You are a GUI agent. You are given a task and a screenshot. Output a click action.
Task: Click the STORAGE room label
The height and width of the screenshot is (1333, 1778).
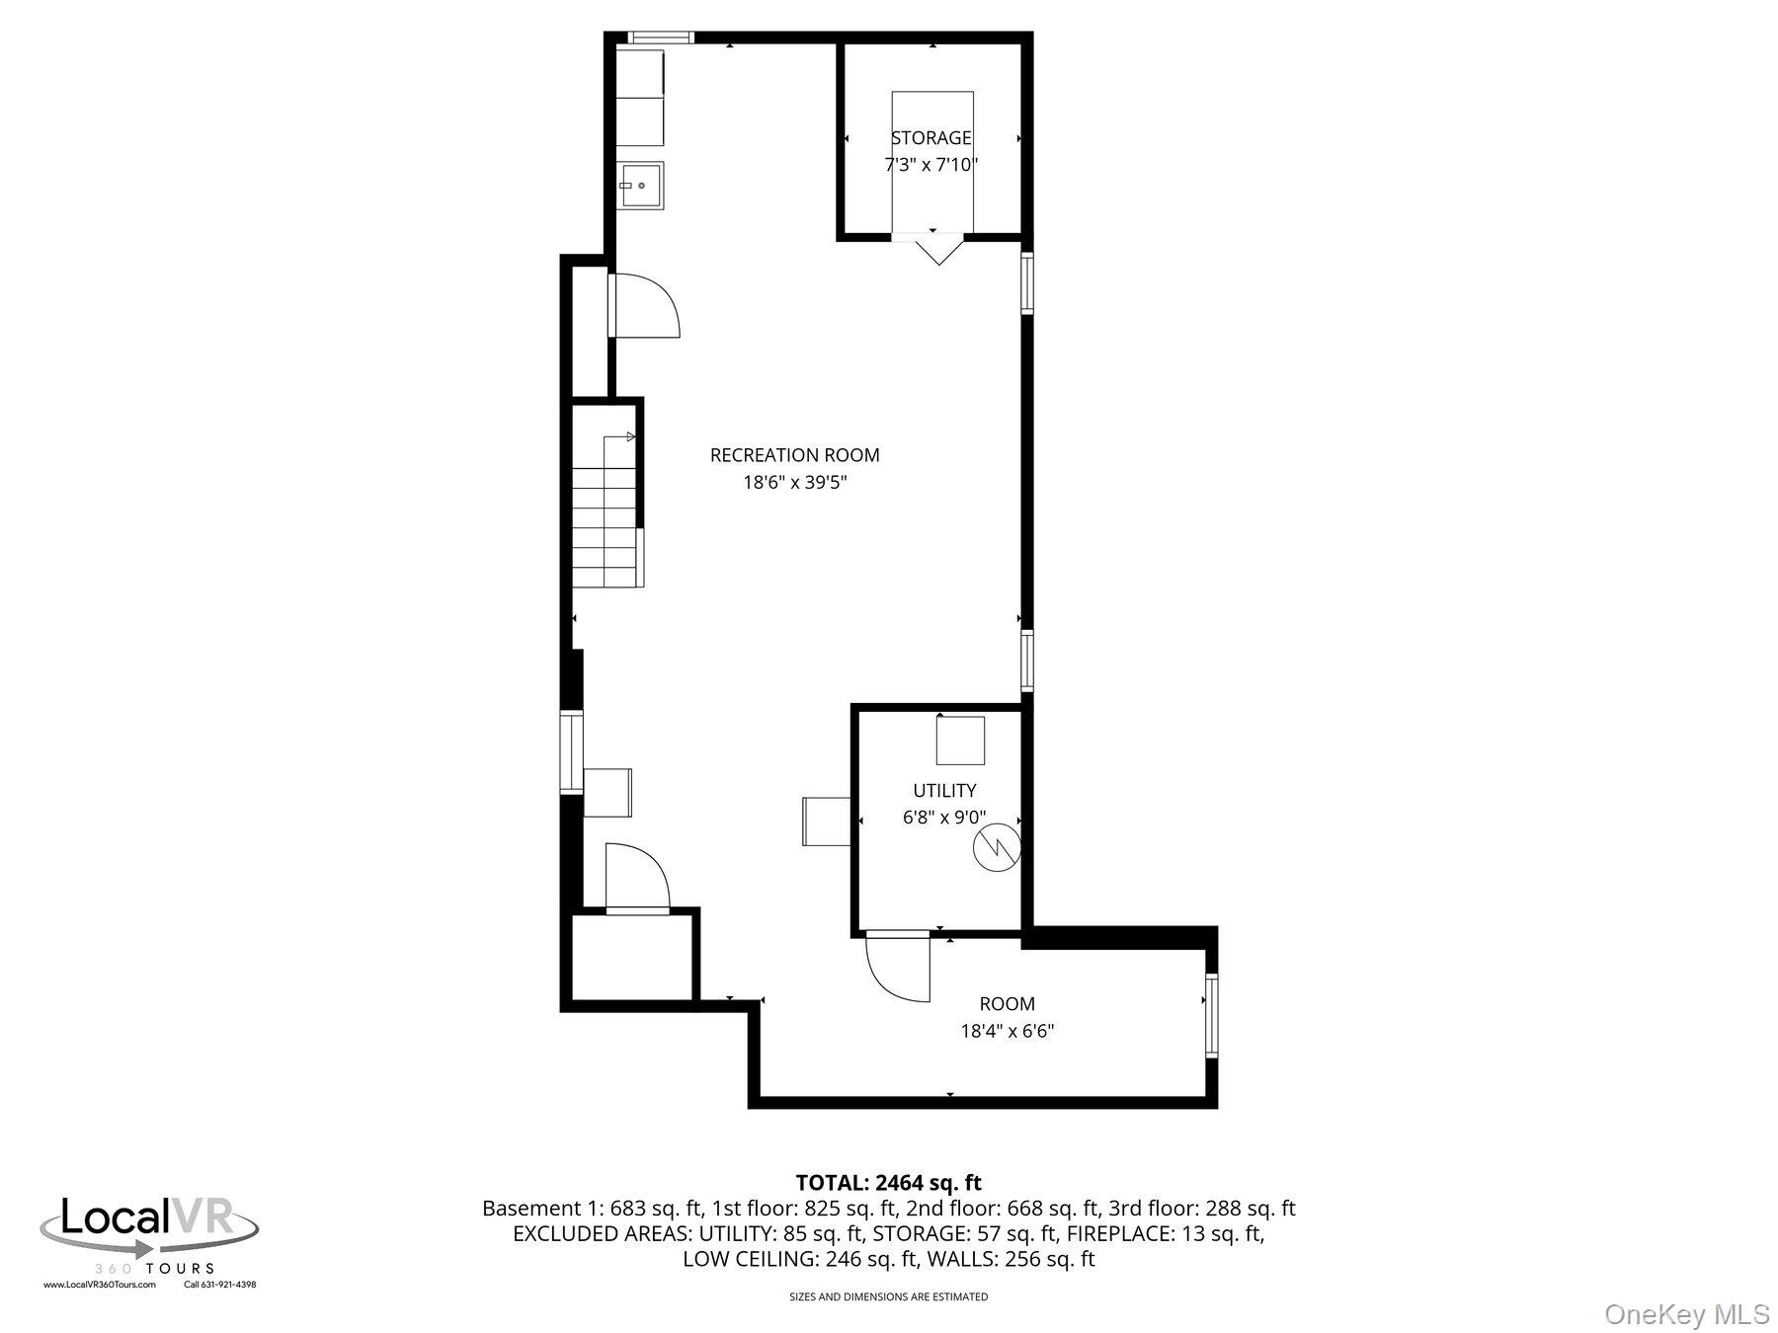point(930,138)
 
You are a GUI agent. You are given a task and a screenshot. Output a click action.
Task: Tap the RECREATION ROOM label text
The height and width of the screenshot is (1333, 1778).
point(794,455)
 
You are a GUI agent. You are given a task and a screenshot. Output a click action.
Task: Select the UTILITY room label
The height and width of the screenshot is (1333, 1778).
point(944,790)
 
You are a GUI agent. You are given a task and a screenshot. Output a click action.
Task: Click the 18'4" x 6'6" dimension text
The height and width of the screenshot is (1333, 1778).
point(1007,1031)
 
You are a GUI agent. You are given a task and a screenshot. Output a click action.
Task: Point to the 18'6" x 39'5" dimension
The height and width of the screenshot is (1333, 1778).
point(794,483)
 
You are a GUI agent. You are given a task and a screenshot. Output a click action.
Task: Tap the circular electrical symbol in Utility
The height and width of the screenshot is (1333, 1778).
point(996,848)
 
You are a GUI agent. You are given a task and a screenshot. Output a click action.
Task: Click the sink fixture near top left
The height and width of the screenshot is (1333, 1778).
point(642,186)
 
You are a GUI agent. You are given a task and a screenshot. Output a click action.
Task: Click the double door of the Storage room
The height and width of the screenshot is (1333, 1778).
point(933,247)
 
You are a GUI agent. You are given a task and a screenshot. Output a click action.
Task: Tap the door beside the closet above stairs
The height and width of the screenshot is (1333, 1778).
point(644,306)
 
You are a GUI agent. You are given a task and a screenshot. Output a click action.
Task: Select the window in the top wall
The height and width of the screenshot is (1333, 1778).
point(661,38)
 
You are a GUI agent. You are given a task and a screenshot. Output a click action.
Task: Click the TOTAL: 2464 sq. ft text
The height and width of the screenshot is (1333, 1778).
point(888,1182)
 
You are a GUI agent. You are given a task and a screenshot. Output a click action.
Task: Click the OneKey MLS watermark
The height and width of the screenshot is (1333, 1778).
point(1686,1314)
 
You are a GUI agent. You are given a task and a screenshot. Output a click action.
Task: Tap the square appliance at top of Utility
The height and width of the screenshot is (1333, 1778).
point(960,741)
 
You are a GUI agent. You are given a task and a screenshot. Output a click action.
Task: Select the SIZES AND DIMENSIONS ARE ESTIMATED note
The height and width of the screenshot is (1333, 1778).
point(888,1296)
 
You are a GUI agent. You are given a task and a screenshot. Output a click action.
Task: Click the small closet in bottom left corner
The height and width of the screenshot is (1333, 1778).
point(632,958)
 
